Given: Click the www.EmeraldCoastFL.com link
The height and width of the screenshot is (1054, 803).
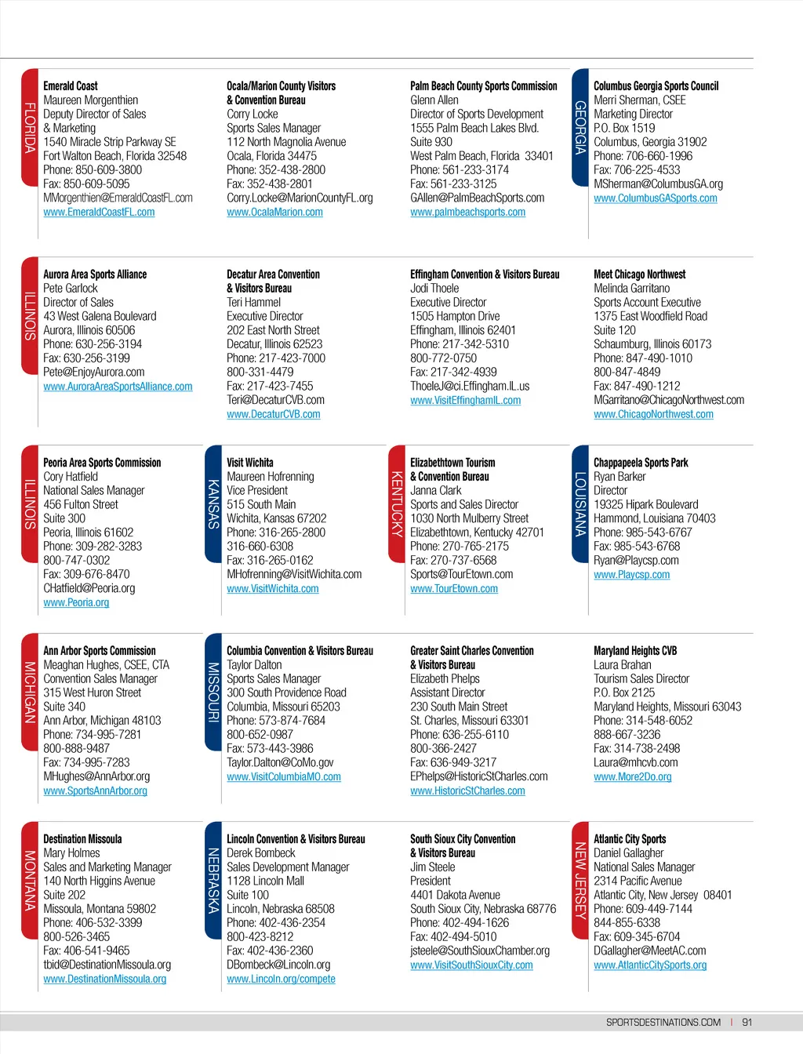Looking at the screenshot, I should coord(99,213).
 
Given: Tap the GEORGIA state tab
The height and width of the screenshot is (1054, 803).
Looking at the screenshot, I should coord(580,128).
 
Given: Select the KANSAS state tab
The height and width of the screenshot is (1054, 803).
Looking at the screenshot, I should coord(213,504).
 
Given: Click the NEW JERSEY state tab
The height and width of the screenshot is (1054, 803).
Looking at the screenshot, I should coord(580,880).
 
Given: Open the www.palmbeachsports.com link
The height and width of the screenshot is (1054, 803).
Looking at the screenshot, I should coord(467,213).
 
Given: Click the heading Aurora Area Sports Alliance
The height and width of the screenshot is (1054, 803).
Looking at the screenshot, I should coord(95,274).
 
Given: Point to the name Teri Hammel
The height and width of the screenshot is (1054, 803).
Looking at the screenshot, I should coord(253,303).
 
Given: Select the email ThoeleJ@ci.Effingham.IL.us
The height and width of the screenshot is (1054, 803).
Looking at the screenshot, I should coord(470,387).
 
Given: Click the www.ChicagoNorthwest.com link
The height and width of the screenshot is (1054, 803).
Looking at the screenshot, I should coord(653,415).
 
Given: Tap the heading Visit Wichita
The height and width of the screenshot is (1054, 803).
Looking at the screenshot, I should coord(250,463).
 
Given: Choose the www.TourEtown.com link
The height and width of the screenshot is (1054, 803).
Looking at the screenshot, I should coord(454,589).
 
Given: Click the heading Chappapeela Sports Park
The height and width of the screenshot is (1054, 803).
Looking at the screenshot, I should coord(641,463).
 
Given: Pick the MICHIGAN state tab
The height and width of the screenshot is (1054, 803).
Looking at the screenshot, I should coord(30,692).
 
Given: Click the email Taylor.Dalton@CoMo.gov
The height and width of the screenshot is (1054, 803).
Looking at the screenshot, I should coord(280,763).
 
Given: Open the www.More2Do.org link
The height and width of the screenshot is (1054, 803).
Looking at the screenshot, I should coord(632,777).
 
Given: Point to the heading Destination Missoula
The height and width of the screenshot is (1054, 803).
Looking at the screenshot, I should coord(82,839).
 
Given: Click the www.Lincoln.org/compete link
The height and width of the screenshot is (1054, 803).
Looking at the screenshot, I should coord(281,979).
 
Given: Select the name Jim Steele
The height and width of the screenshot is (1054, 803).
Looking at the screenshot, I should coord(432,867).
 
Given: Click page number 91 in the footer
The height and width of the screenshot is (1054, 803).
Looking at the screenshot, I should coord(747,1023).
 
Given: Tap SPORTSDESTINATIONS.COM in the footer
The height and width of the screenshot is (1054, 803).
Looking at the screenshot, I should coord(663,1023).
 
